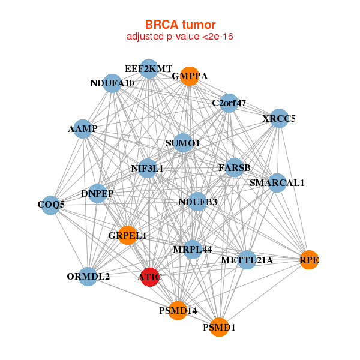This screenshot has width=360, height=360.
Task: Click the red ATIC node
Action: [149, 277]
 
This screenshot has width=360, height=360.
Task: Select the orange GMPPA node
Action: [190, 76]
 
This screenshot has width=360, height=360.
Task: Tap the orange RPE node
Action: [308, 260]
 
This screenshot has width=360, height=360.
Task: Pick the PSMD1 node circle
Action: [219, 328]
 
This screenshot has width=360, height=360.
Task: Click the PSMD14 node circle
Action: [178, 310]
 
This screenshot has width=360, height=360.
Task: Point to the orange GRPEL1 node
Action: [128, 235]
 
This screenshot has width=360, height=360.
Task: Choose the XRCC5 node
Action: [279, 118]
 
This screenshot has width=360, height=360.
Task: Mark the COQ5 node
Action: [51, 205]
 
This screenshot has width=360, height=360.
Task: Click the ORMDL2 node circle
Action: [88, 277]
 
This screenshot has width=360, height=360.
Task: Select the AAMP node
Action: [83, 129]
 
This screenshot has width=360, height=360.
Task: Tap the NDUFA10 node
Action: [112, 83]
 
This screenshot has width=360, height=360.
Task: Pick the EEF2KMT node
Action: [149, 68]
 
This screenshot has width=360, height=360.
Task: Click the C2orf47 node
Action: [229, 103]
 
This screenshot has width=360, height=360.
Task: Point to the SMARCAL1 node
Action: [277, 182]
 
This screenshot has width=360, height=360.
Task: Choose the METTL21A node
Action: [247, 260]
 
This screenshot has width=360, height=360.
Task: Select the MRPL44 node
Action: [193, 249]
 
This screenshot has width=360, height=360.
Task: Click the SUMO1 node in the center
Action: [183, 143]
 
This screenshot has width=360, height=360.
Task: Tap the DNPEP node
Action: [97, 194]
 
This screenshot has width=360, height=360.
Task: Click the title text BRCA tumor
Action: [180, 25]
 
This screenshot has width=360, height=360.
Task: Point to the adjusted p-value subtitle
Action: [180, 37]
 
